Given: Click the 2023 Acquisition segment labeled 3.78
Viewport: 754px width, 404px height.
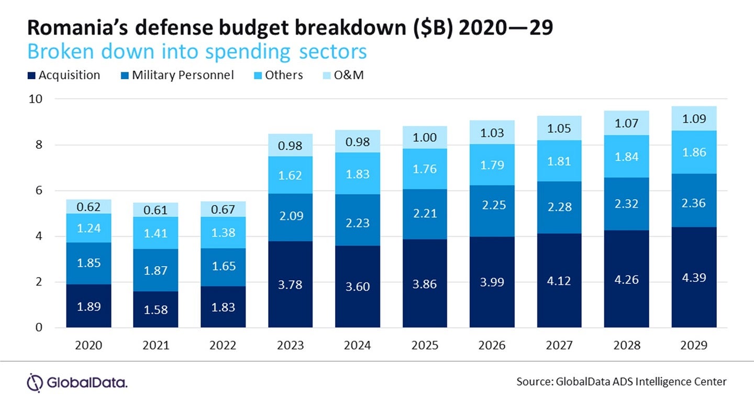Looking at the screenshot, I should (290, 285).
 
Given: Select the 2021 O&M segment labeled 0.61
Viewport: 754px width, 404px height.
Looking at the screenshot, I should (156, 210).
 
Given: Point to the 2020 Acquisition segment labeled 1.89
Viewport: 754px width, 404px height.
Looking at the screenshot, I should (88, 306).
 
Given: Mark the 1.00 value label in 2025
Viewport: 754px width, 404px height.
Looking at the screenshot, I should (425, 137).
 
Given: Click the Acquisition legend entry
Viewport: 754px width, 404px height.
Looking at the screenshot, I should (64, 75).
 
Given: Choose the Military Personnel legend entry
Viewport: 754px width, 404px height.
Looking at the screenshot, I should (178, 75).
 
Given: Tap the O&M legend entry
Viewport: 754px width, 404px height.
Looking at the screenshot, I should (343, 75).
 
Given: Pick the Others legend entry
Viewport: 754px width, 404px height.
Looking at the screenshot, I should (279, 75).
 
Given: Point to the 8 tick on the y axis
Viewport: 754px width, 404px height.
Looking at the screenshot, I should (39, 145).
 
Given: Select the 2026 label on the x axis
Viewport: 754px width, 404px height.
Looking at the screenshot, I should (492, 345).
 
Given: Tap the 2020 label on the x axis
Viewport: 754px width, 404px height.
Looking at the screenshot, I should (88, 345).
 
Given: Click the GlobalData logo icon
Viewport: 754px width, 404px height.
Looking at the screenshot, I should (35, 383).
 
